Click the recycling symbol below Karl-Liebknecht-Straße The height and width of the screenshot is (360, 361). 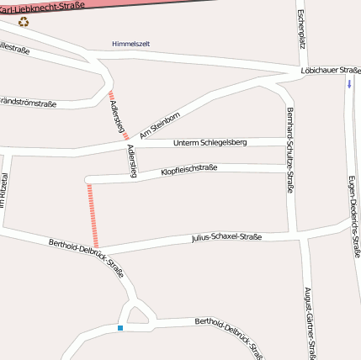(24, 21)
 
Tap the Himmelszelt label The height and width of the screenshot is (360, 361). (130, 44)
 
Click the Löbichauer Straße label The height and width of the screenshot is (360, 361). (330, 73)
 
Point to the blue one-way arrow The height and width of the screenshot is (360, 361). (349, 84)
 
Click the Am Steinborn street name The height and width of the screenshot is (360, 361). (160, 124)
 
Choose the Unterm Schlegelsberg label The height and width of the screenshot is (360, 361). (210, 143)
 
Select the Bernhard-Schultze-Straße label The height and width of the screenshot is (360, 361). (290, 151)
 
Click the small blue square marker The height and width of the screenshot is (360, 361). (120, 327)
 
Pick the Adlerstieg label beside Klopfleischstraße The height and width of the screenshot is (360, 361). (130, 160)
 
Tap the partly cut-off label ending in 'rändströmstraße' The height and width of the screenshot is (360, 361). (28, 104)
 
